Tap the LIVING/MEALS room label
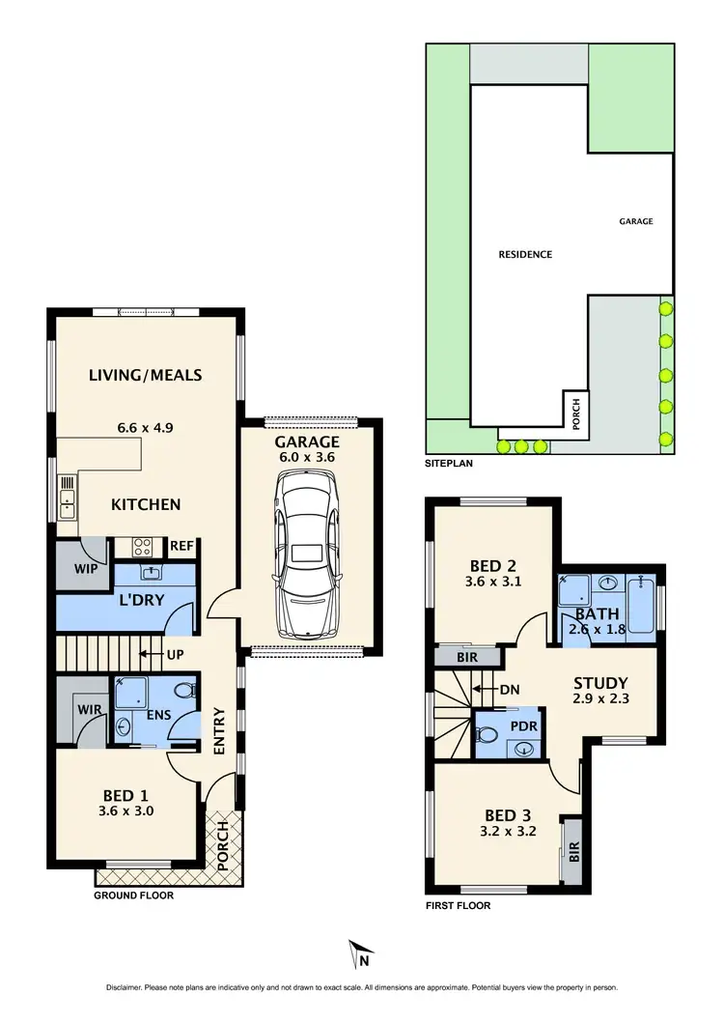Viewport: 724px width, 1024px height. pos(146,375)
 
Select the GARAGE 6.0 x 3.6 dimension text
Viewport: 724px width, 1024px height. pos(307,458)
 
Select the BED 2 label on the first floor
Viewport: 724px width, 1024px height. pos(492,566)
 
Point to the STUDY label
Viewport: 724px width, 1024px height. pos(599,682)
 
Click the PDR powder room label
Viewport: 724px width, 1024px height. pos(524,725)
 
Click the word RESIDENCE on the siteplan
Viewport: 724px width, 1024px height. pos(525,255)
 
